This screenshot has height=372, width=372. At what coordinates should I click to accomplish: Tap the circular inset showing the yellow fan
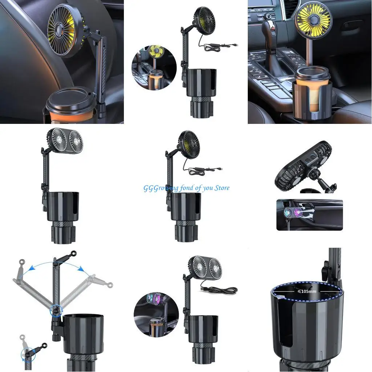click(x=154, y=68)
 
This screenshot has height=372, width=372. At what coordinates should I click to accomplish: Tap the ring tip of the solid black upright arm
click(x=74, y=252)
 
